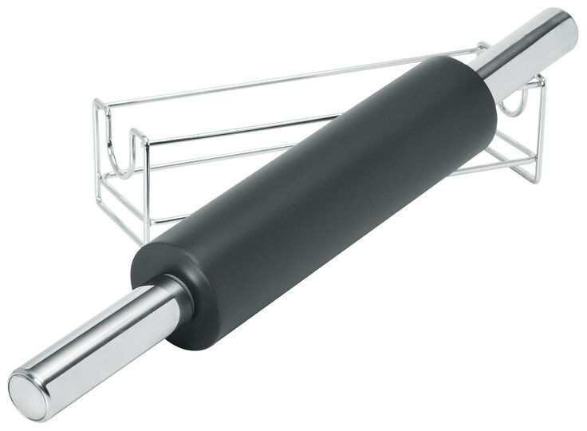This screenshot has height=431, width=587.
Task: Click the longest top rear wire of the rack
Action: click(279, 78)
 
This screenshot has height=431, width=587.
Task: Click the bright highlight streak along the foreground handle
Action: click(88, 335)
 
